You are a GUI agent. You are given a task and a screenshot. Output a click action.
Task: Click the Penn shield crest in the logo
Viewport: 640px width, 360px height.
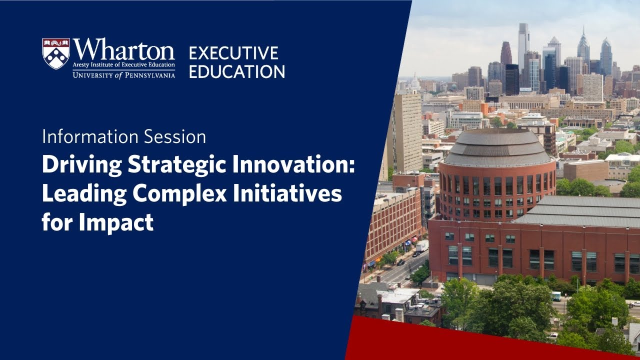[x=55, y=53]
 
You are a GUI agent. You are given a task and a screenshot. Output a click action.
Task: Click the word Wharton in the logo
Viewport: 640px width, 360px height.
[x=123, y=50]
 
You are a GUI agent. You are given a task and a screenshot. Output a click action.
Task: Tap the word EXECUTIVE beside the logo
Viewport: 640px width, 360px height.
[x=233, y=53]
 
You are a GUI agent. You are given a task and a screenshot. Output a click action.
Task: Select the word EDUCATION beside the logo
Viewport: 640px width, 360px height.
[x=237, y=71]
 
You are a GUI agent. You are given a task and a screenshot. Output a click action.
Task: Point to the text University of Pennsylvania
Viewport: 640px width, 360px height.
[x=123, y=75]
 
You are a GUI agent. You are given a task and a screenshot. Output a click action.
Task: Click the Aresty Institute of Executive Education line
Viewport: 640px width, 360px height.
[x=123, y=65]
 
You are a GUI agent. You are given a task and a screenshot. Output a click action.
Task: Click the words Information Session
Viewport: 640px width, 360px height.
[x=124, y=137]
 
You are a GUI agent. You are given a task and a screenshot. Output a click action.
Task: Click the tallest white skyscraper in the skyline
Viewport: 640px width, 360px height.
[x=523, y=45]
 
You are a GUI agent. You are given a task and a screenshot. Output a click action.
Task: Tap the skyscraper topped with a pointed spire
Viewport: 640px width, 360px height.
[x=583, y=47]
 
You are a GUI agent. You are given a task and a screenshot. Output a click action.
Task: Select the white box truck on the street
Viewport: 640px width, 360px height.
[x=422, y=246]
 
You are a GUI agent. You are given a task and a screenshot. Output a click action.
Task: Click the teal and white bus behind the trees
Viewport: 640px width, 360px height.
[x=555, y=296]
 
